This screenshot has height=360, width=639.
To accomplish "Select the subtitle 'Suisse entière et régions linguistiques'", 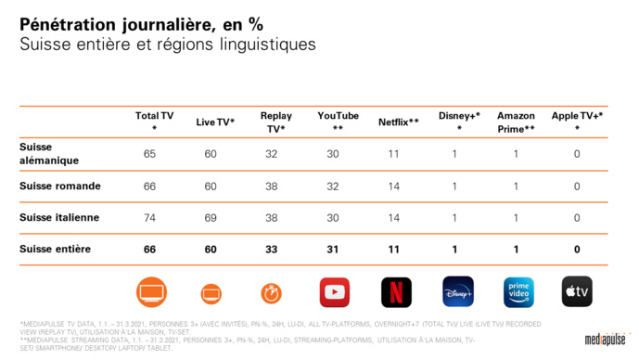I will point(167,45).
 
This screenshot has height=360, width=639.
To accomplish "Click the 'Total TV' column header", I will point(154,122).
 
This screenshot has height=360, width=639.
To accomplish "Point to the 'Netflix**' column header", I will point(398,122).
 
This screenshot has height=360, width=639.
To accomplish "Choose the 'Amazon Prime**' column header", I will point(516,122).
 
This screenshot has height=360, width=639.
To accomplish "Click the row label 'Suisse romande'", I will point(60,186).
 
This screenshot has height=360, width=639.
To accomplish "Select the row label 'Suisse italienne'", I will point(60,218).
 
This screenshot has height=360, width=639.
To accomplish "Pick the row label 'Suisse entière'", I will point(56,250).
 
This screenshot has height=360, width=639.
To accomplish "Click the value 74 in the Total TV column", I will point(150,218).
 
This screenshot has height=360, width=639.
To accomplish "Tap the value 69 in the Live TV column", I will point(211,218).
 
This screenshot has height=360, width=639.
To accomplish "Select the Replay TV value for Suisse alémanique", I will point(272,154).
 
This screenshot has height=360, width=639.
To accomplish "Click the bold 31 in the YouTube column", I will point(332,250).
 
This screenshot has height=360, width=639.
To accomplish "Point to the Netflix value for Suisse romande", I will point(393,186).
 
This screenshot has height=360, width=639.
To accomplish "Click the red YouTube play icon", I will point(335,292).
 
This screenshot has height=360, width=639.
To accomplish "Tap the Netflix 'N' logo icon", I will point(396,292).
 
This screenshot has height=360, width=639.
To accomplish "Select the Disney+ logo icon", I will point(457,292).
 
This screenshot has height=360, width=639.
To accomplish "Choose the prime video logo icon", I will point(518,292).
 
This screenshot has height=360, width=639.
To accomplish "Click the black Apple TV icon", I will point(577,292).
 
